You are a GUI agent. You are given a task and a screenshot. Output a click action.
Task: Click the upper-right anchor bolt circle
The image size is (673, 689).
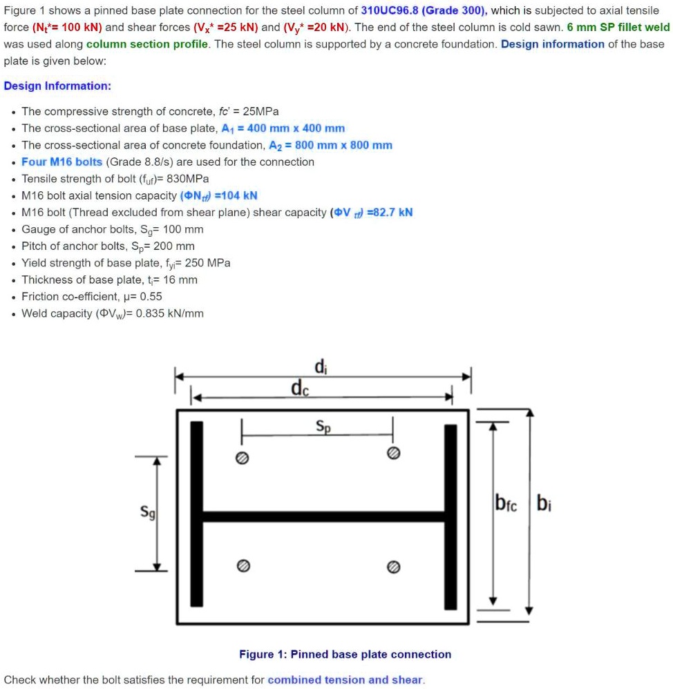coord(393,453)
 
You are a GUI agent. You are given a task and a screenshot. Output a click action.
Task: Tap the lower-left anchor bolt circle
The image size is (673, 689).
coord(243,565)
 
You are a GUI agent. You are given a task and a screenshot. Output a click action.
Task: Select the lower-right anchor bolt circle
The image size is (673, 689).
coord(393,566)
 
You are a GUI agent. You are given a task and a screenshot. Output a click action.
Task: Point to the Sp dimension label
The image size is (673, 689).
coord(323,426)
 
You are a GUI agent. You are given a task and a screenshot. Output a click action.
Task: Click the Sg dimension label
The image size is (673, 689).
coord(145,513)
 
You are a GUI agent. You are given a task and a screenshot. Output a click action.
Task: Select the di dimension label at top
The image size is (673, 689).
coord(320,367)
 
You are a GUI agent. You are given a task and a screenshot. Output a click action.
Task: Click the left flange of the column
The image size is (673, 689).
coord(196,515)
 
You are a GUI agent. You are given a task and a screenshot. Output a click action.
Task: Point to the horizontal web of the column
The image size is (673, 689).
coord(323,516)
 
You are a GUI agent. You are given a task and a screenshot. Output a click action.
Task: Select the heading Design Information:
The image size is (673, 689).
coord(57,86)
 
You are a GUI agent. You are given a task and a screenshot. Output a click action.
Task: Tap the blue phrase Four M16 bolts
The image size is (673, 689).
coord(61,162)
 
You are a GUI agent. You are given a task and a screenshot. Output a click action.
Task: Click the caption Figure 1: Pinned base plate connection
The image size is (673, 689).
coord(345,654)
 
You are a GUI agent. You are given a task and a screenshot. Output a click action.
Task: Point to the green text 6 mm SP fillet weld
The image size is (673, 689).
coord(618,27)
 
